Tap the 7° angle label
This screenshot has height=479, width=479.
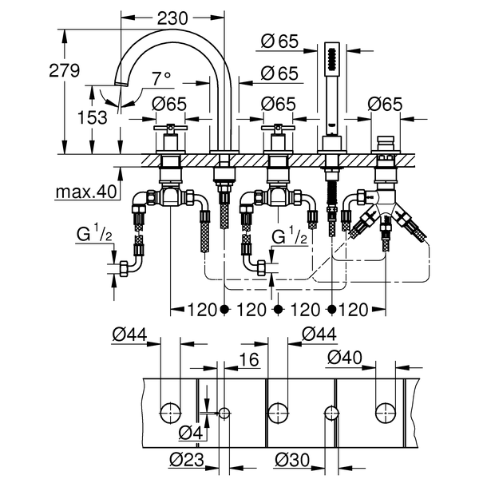coord(161,78)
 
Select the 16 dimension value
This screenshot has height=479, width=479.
coord(250,360)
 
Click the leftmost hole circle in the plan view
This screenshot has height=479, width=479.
coord(169,413)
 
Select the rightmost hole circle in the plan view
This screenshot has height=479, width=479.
coord(385,413)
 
